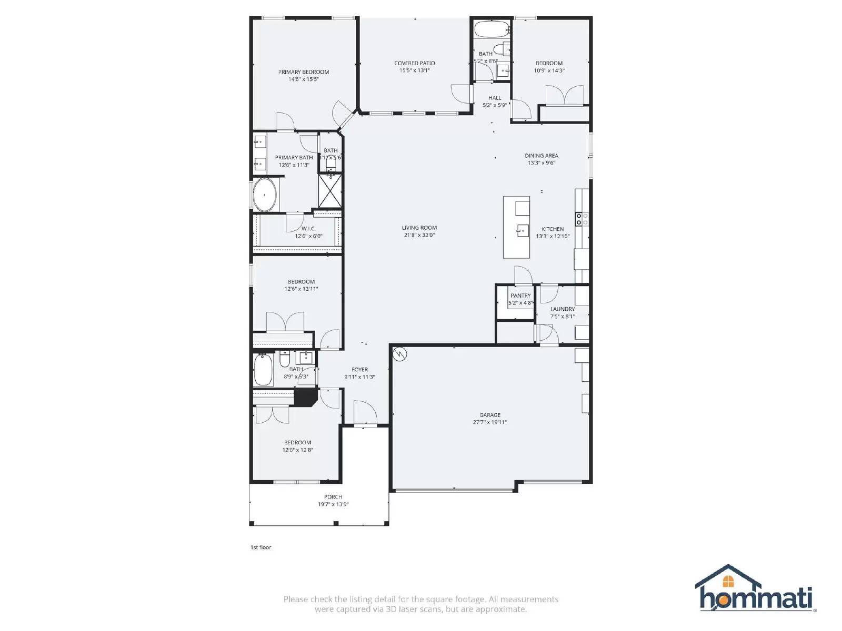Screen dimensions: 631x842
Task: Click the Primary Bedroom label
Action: (304, 72)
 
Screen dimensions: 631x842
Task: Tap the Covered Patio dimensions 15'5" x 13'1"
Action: (415, 70)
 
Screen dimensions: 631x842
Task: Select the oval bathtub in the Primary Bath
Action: (265, 195)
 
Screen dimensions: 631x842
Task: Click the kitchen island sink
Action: (523, 230)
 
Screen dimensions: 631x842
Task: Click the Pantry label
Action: (520, 296)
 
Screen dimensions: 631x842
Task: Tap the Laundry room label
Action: (563, 309)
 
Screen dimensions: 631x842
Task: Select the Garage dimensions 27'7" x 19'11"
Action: (490, 422)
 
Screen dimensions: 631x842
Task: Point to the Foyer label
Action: (360, 370)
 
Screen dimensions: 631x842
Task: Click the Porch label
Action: (333, 496)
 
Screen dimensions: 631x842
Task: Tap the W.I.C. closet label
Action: (308, 229)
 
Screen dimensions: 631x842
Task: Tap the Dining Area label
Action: (542, 156)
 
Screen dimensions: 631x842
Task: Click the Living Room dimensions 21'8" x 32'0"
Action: (419, 235)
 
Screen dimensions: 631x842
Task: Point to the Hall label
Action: (495, 98)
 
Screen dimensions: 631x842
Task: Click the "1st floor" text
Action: (260, 547)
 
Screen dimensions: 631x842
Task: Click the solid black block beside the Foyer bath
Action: (304, 398)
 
